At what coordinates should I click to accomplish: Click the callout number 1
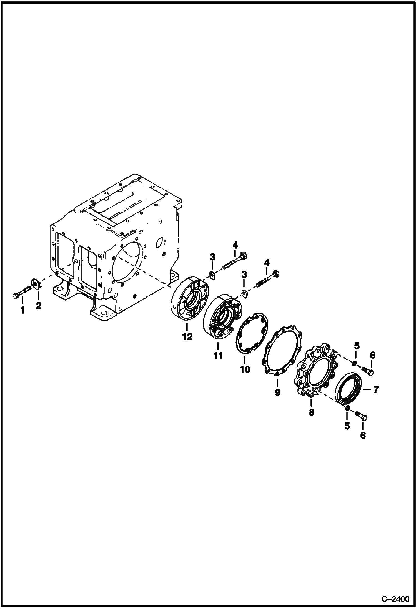pos(23,310)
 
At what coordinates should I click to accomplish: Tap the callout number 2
pos(39,305)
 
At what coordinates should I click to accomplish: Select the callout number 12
pos(187,337)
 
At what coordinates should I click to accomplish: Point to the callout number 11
pos(218,356)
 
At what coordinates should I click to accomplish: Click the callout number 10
pos(245,369)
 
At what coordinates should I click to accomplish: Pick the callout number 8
pos(311,412)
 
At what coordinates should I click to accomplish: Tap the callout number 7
pos(376,390)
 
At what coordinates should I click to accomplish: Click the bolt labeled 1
pos(21,293)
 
